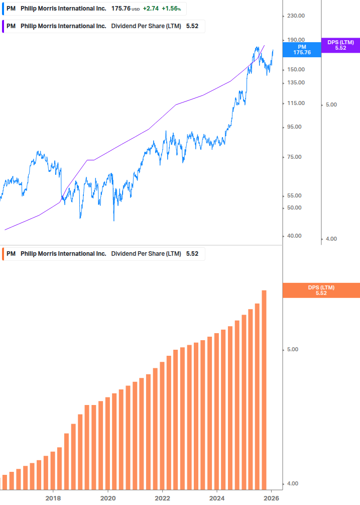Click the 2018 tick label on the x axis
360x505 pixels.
[53, 498]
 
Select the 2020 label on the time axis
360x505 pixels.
[108, 498]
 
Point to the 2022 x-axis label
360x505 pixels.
[163, 498]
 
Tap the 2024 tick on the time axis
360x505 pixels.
[217, 498]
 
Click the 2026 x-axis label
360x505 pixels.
[272, 498]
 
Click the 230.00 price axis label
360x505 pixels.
[296, 16]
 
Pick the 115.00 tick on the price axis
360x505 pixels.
[296, 104]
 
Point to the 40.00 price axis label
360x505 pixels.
[294, 236]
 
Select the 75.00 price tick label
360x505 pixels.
[294, 157]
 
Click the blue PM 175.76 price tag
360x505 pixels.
[302, 49]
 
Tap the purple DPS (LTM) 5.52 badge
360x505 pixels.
[340, 45]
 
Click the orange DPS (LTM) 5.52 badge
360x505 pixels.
[321, 290]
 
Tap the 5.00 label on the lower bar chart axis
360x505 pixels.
[293, 350]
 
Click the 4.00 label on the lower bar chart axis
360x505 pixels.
[293, 484]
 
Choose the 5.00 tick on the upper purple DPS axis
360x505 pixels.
[331, 105]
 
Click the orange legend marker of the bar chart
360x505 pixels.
[3, 254]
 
